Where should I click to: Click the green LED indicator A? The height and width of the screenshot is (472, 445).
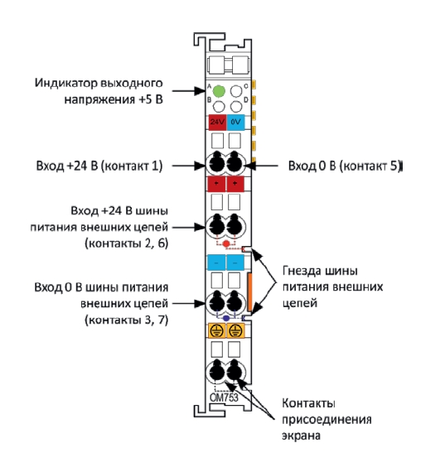click(219, 91)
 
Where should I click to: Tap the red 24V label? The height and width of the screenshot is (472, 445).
click(217, 123)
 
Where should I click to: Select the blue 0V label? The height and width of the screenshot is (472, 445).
click(235, 123)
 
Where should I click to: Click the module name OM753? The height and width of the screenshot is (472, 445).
click(224, 397)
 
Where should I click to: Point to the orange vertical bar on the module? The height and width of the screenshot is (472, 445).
click(249, 292)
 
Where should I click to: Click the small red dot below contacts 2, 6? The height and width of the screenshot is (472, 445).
click(226, 243)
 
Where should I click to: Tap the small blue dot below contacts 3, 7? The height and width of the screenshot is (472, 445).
click(226, 318)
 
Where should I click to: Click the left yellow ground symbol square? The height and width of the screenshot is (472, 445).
click(217, 331)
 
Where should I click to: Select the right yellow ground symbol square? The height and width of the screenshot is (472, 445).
click(235, 331)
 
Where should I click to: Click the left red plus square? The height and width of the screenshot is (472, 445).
click(216, 184)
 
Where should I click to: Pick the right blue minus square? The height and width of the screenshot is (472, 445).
click(235, 262)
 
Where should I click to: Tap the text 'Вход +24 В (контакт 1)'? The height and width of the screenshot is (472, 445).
click(99, 166)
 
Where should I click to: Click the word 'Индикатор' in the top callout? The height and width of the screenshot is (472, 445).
click(65, 83)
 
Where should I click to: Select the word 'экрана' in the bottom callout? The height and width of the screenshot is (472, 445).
click(301, 436)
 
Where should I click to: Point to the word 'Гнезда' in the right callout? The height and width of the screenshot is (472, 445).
click(302, 271)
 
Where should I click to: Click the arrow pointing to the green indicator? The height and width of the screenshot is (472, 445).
click(189, 90)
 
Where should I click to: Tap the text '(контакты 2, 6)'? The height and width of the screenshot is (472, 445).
click(126, 243)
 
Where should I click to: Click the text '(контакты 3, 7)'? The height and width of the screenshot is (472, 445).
click(126, 320)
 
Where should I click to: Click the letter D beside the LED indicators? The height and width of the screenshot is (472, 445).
click(246, 99)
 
